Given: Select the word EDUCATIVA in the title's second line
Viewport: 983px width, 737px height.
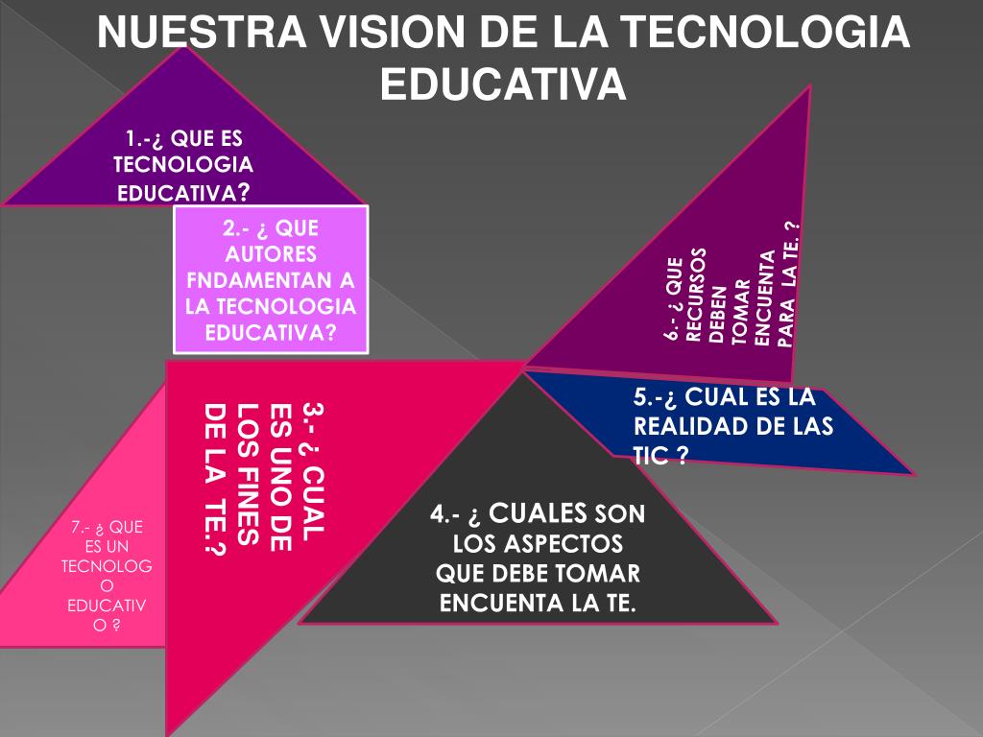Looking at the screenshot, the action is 503,84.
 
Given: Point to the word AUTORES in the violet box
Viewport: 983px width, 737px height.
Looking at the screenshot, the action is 271,254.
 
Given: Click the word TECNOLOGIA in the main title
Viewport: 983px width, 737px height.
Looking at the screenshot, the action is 761,35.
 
